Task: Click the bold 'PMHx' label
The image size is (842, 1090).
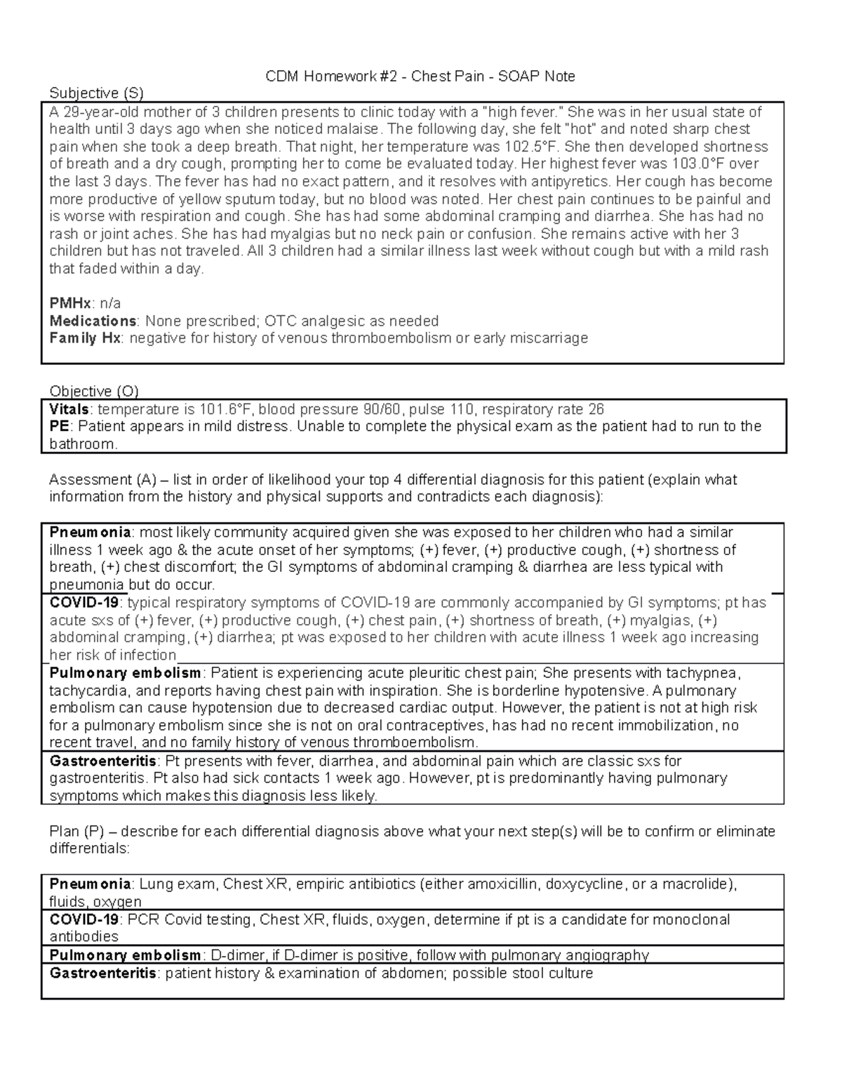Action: [x=70, y=303]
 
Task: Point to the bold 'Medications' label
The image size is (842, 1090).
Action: [x=93, y=321]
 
